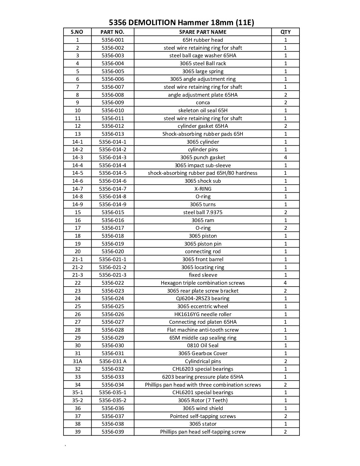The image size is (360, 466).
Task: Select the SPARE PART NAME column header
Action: click(x=202, y=32)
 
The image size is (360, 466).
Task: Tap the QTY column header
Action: click(x=285, y=32)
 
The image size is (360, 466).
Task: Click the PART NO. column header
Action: click(x=112, y=32)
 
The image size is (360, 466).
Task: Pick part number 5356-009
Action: click(x=112, y=103)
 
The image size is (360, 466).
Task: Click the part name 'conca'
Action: click(x=202, y=103)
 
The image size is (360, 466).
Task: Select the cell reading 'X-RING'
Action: click(x=202, y=189)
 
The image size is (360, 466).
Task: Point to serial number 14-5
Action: click(x=77, y=173)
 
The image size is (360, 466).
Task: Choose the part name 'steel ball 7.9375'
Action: click(x=202, y=212)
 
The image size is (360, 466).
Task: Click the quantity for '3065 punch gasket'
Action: click(x=285, y=158)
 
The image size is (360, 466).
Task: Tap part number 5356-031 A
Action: click(x=112, y=361)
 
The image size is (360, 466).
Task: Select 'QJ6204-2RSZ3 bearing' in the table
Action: click(x=202, y=299)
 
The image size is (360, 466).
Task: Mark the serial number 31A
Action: click(x=77, y=361)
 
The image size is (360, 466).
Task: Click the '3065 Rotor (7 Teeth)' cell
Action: click(x=202, y=400)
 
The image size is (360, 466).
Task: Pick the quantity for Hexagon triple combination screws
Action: click(x=285, y=283)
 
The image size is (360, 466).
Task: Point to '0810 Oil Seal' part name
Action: click(x=202, y=346)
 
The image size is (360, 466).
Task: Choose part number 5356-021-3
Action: click(x=112, y=275)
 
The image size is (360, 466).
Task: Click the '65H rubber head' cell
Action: click(x=202, y=40)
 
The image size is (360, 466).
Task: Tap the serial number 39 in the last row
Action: click(x=77, y=432)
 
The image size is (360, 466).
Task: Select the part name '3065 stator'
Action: click(x=202, y=424)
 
